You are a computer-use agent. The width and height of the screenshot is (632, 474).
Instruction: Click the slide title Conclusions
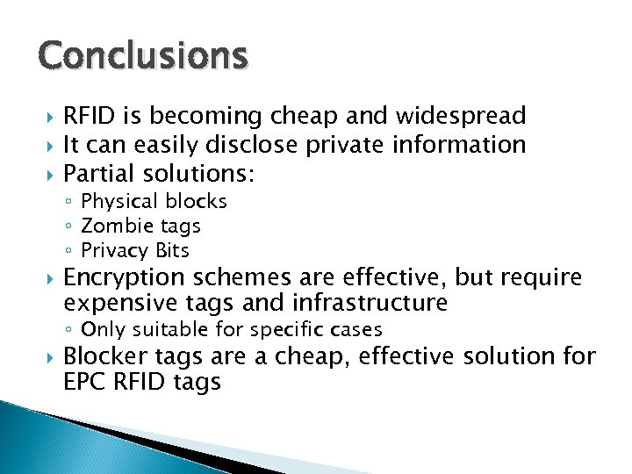143,55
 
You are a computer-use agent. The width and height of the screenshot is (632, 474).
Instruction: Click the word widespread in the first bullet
461,115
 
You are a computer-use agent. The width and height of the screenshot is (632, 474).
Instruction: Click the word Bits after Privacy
172,250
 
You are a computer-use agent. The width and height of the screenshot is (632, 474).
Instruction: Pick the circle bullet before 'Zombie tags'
70,226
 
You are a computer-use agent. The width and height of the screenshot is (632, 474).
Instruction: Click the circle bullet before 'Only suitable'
70,331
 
